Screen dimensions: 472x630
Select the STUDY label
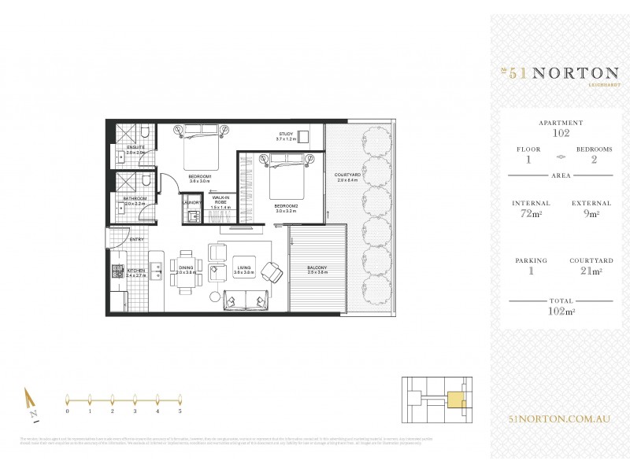[284, 135]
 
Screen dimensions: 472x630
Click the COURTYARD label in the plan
[347, 175]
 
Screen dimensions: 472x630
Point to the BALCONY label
[317, 269]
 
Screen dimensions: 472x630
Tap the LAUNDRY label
[191, 202]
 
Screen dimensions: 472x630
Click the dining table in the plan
[186, 272]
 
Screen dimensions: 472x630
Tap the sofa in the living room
[246, 300]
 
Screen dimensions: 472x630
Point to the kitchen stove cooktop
[118, 272]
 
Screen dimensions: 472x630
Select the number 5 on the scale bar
[180, 411]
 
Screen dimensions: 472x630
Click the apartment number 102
[561, 133]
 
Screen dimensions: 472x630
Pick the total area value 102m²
[561, 309]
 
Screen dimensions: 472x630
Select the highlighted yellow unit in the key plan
[455, 400]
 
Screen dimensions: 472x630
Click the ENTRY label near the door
[136, 238]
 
